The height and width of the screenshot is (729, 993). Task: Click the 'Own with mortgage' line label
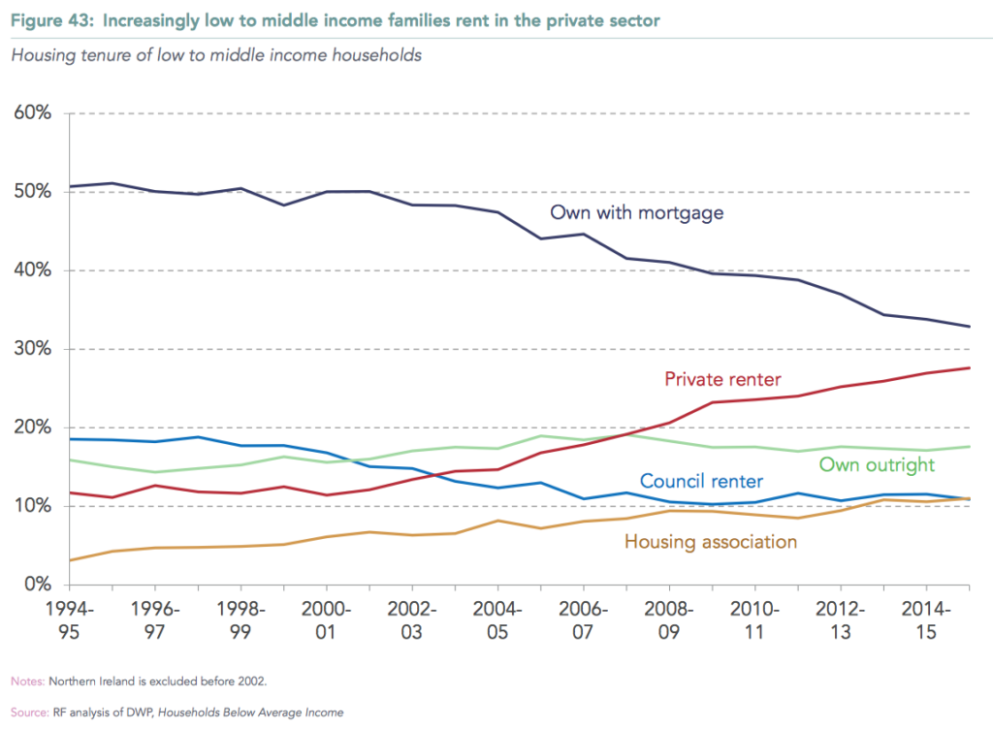636,212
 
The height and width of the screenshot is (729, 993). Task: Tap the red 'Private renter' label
722,379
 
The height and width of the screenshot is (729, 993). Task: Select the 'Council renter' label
701,481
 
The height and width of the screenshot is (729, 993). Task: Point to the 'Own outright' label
877,464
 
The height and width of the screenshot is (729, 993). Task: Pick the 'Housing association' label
710,542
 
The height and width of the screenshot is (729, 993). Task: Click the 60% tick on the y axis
32,113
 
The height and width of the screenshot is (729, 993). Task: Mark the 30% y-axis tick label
32,349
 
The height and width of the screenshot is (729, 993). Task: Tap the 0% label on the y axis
37,585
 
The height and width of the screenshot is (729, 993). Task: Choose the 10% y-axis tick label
32,506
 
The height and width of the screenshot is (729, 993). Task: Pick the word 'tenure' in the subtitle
100,55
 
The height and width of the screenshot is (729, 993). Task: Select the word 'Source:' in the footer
30,713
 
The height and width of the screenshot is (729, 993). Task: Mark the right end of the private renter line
971,367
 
